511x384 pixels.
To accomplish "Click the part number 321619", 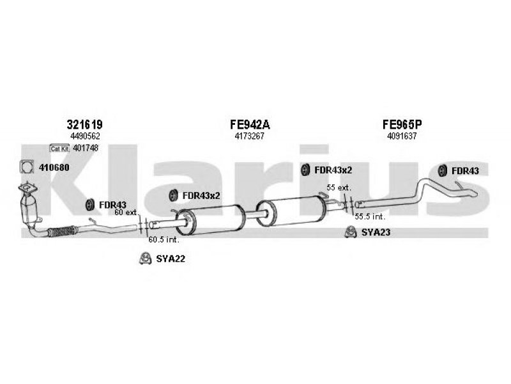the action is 85,124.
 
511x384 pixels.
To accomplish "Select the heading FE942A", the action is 250,124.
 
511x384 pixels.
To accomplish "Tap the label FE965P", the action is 402,124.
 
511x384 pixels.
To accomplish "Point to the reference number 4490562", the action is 85,136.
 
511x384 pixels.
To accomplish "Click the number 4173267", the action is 249,136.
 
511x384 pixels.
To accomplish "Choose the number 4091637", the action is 402,136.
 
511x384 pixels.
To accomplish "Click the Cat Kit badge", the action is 59,148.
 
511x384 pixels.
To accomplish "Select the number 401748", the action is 86,148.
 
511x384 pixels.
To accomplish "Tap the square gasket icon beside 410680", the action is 27,167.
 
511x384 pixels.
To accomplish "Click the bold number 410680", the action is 54,168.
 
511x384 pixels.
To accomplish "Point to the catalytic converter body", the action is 28,209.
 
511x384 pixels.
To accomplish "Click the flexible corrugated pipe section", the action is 63,231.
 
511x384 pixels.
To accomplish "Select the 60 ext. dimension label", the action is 126,212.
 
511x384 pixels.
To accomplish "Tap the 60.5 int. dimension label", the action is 164,239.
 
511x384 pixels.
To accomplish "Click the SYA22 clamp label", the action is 171,259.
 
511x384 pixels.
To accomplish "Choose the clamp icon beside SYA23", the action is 350,232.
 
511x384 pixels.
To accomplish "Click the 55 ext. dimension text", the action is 339,188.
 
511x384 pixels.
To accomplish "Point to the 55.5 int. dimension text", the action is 370,216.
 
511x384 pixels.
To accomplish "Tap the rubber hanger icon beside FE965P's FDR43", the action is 442,170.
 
